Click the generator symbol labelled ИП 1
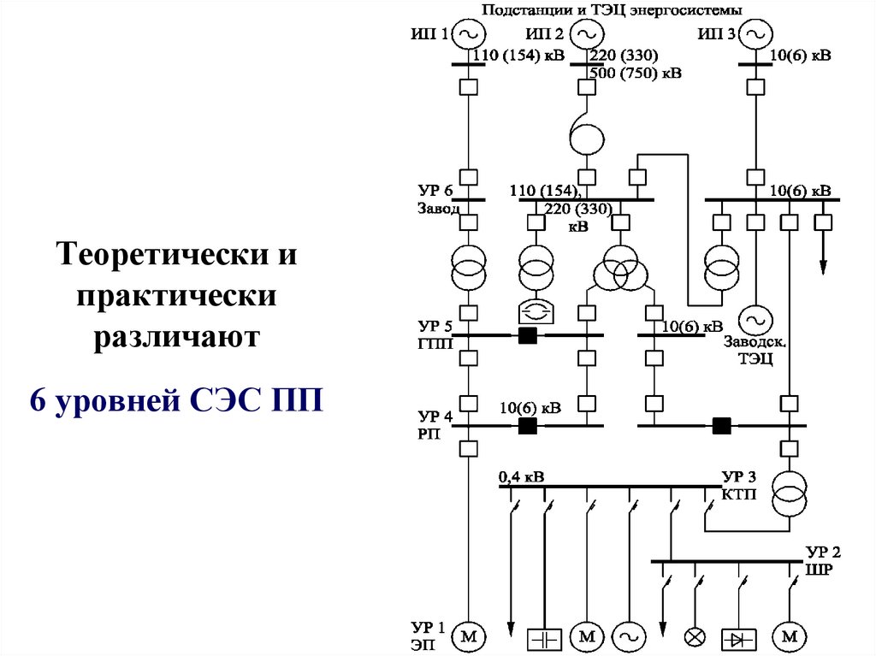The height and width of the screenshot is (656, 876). (x=469, y=34)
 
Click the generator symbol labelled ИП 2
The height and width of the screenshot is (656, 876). (x=585, y=34)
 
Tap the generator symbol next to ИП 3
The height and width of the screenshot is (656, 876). (x=755, y=34)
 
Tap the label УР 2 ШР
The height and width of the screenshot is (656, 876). (x=824, y=560)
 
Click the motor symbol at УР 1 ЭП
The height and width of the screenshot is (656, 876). (x=469, y=635)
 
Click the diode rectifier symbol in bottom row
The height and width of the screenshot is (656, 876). (x=740, y=637)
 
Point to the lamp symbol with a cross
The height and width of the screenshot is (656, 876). (x=694, y=637)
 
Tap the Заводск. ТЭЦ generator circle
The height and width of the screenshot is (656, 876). (x=755, y=319)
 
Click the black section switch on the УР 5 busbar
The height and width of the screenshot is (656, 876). (x=527, y=335)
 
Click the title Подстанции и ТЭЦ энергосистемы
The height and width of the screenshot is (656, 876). (x=612, y=9)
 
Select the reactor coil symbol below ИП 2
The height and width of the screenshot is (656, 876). (x=585, y=136)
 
